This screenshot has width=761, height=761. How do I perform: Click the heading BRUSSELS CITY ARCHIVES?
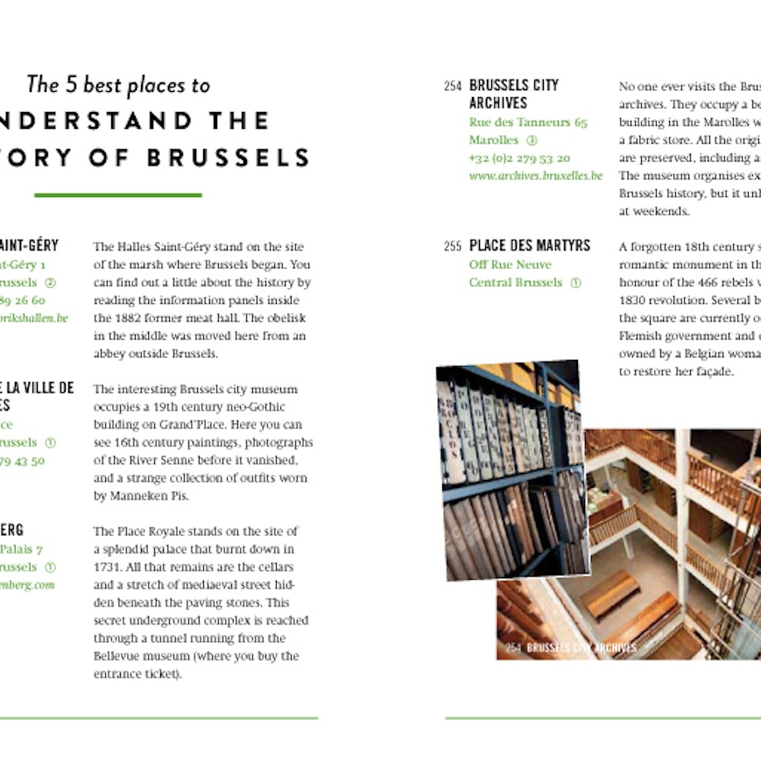tap(513, 94)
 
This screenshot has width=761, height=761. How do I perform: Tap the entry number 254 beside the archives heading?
tap(452, 86)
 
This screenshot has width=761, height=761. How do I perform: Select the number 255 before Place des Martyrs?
tap(452, 246)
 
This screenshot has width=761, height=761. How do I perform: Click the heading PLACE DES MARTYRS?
tap(530, 246)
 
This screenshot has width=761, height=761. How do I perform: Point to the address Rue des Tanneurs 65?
tap(528, 123)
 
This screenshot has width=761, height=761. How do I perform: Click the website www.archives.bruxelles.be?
tap(535, 176)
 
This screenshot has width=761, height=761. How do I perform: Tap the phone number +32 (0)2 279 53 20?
tap(519, 159)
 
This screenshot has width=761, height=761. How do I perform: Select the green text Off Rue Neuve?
tap(510, 264)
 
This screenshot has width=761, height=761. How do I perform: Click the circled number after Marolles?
tap(532, 140)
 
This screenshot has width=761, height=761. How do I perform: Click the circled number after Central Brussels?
tap(575, 283)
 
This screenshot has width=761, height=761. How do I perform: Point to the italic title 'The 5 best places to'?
tap(118, 85)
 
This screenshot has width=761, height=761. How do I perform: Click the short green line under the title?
tap(117, 194)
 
